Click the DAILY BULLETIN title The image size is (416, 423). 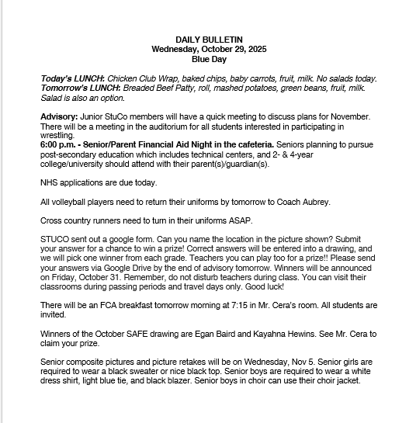click(208, 39)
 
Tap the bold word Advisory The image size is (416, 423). click(57, 116)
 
